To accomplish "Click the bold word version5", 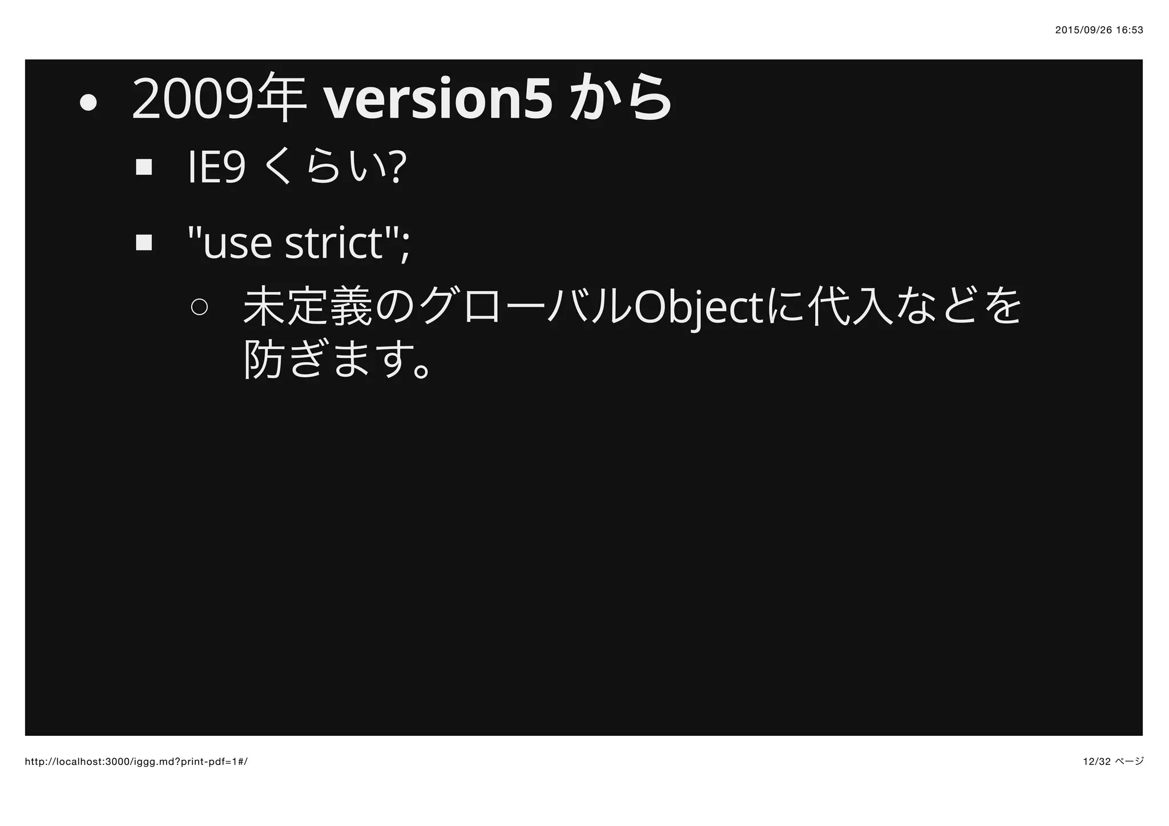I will click(438, 100).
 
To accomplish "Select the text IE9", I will click(217, 168).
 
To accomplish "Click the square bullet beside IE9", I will click(144, 168).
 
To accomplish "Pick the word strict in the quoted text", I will click(333, 243).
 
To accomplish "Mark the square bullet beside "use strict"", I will click(144, 243).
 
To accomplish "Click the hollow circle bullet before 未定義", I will click(200, 307).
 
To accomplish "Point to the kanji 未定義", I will click(308, 307).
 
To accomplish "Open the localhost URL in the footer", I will click(136, 762).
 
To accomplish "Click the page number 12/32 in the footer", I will click(1096, 761).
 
